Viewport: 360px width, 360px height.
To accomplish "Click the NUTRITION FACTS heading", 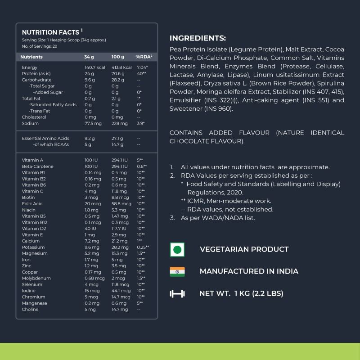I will [51, 32].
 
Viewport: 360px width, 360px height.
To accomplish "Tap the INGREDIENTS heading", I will [198, 38].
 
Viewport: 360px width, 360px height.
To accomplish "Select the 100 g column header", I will [117, 57].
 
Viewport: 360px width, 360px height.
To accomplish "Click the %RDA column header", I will [144, 57].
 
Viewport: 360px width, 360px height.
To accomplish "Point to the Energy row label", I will [29, 67].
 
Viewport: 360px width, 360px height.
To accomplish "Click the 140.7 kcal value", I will [94, 67].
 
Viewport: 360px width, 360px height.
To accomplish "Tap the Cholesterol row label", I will [34, 117].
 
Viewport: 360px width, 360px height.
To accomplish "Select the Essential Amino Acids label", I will [45, 139].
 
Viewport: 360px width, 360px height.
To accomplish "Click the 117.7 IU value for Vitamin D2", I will [119, 229].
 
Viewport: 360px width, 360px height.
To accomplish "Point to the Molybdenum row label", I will [35, 278].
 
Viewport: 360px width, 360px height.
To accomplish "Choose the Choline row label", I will [30, 309].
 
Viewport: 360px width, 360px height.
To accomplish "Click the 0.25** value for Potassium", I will [143, 247].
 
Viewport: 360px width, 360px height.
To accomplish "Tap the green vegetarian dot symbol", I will [177, 249].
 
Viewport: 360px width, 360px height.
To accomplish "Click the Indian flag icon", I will [177, 271].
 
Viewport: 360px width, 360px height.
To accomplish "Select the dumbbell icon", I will [177, 294].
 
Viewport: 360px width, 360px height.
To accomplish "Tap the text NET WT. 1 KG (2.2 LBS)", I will [241, 294].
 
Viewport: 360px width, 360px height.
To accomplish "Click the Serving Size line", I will [64, 40].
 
